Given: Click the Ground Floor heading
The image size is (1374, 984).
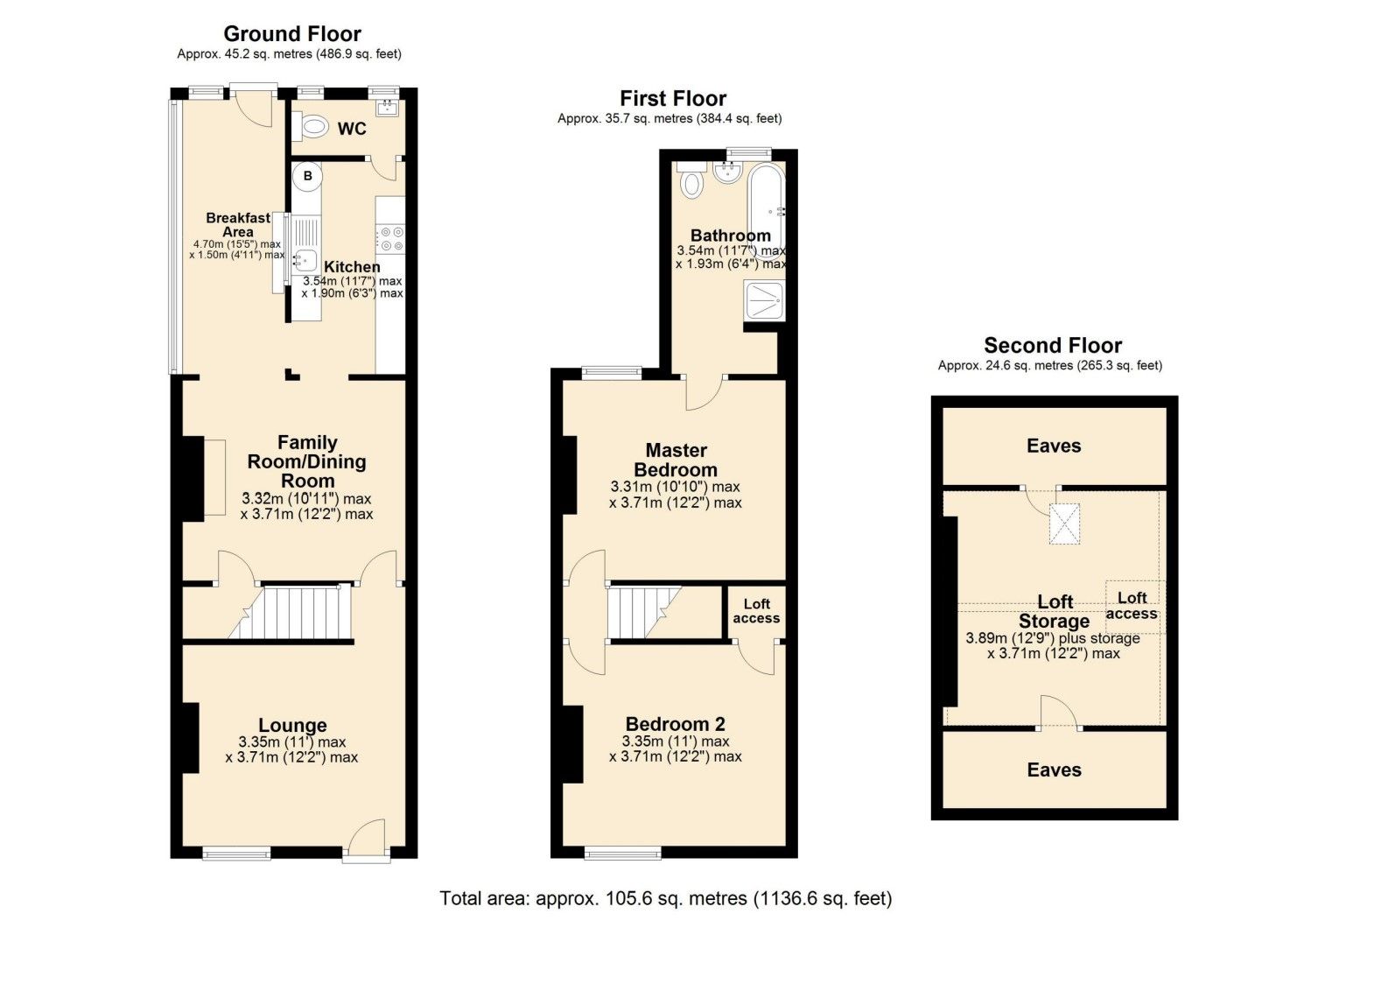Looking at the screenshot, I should [291, 34].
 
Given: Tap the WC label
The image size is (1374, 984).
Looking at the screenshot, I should [352, 129].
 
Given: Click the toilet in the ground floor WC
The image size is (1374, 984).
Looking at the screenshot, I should [311, 128].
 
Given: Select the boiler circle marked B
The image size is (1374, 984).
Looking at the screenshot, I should [307, 176].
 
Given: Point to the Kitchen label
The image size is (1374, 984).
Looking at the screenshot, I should [352, 267].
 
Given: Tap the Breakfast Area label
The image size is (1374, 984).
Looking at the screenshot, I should [238, 224].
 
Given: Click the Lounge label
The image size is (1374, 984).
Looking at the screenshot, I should [292, 725].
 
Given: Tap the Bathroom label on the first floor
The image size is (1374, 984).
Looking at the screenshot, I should [730, 235].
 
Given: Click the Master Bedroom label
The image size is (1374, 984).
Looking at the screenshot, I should [676, 460].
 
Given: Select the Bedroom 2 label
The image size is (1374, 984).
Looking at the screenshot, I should [675, 724].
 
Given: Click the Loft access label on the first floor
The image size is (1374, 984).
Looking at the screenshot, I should [756, 610].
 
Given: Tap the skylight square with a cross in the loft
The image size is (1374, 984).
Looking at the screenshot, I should [1065, 524].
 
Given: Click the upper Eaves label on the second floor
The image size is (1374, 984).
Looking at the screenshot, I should [1054, 446].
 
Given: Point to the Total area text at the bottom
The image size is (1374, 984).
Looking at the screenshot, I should [665, 898].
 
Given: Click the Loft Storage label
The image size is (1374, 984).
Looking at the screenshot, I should [1055, 611].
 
